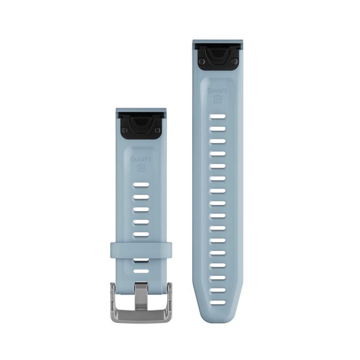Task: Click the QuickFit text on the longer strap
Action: tap(218, 90)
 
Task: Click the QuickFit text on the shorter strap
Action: tap(141, 159)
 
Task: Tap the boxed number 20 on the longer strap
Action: tap(218, 99)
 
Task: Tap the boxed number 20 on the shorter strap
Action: tap(141, 168)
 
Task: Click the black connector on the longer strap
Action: tap(218, 57)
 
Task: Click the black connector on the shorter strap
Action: tap(141, 126)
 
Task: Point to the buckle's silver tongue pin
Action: tap(141, 296)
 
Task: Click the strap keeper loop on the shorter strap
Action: tap(141, 250)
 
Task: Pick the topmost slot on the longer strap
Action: tap(218, 116)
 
